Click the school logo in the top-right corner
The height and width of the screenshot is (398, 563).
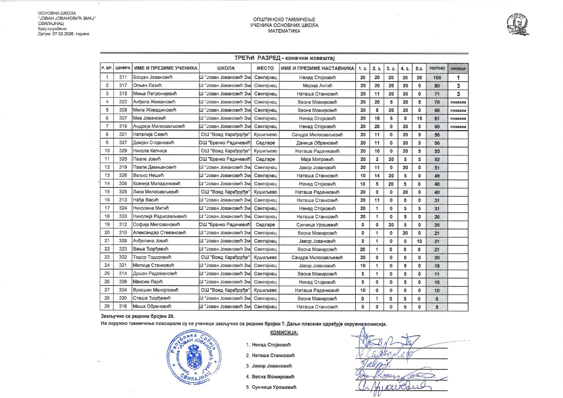point(518,24)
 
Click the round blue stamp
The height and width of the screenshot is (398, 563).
point(194,357)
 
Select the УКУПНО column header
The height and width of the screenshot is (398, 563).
point(437,68)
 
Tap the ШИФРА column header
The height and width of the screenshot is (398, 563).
point(123,68)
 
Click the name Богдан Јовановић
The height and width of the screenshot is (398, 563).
point(153,77)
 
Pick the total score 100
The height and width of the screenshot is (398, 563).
point(437,78)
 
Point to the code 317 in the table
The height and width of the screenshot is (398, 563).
point(123,85)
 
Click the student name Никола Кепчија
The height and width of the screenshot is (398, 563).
point(150,151)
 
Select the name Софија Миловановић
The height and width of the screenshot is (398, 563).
point(156,225)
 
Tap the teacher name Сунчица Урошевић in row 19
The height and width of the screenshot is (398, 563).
point(317,225)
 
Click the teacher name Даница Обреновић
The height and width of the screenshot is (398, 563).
point(317,143)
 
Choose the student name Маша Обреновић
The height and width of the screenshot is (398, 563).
point(152,307)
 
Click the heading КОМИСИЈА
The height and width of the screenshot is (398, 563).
point(284,333)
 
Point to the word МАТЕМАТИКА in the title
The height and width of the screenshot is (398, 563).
point(284,31)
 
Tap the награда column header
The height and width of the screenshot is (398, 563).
point(458,68)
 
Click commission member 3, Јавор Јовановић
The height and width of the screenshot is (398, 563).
point(271,366)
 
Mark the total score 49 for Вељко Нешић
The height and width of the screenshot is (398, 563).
point(437,176)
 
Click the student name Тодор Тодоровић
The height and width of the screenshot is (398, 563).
point(152,257)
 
